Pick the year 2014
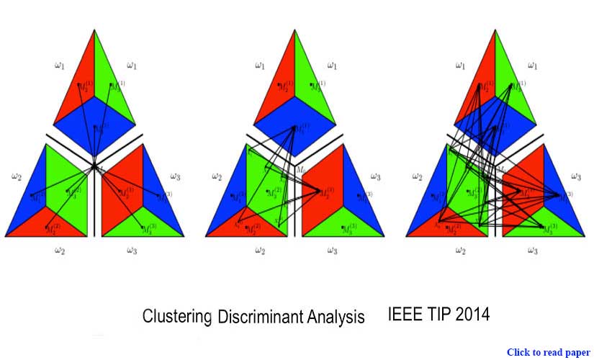(x=474, y=315)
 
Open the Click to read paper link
(x=549, y=352)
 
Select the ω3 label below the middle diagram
(x=331, y=251)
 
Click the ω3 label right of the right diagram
(x=576, y=176)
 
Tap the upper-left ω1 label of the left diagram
(x=60, y=66)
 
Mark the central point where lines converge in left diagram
(x=94, y=166)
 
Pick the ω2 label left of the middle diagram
(x=215, y=176)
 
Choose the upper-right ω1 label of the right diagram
(x=532, y=66)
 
